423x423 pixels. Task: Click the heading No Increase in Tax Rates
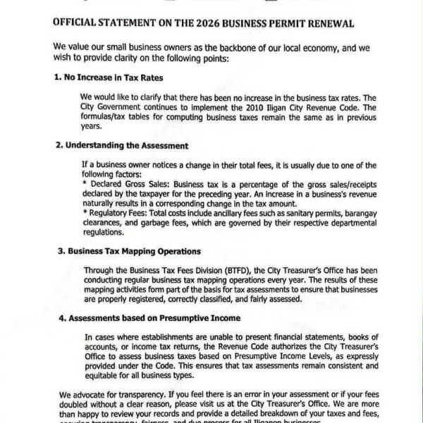point(109,78)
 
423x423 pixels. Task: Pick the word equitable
point(104,376)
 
